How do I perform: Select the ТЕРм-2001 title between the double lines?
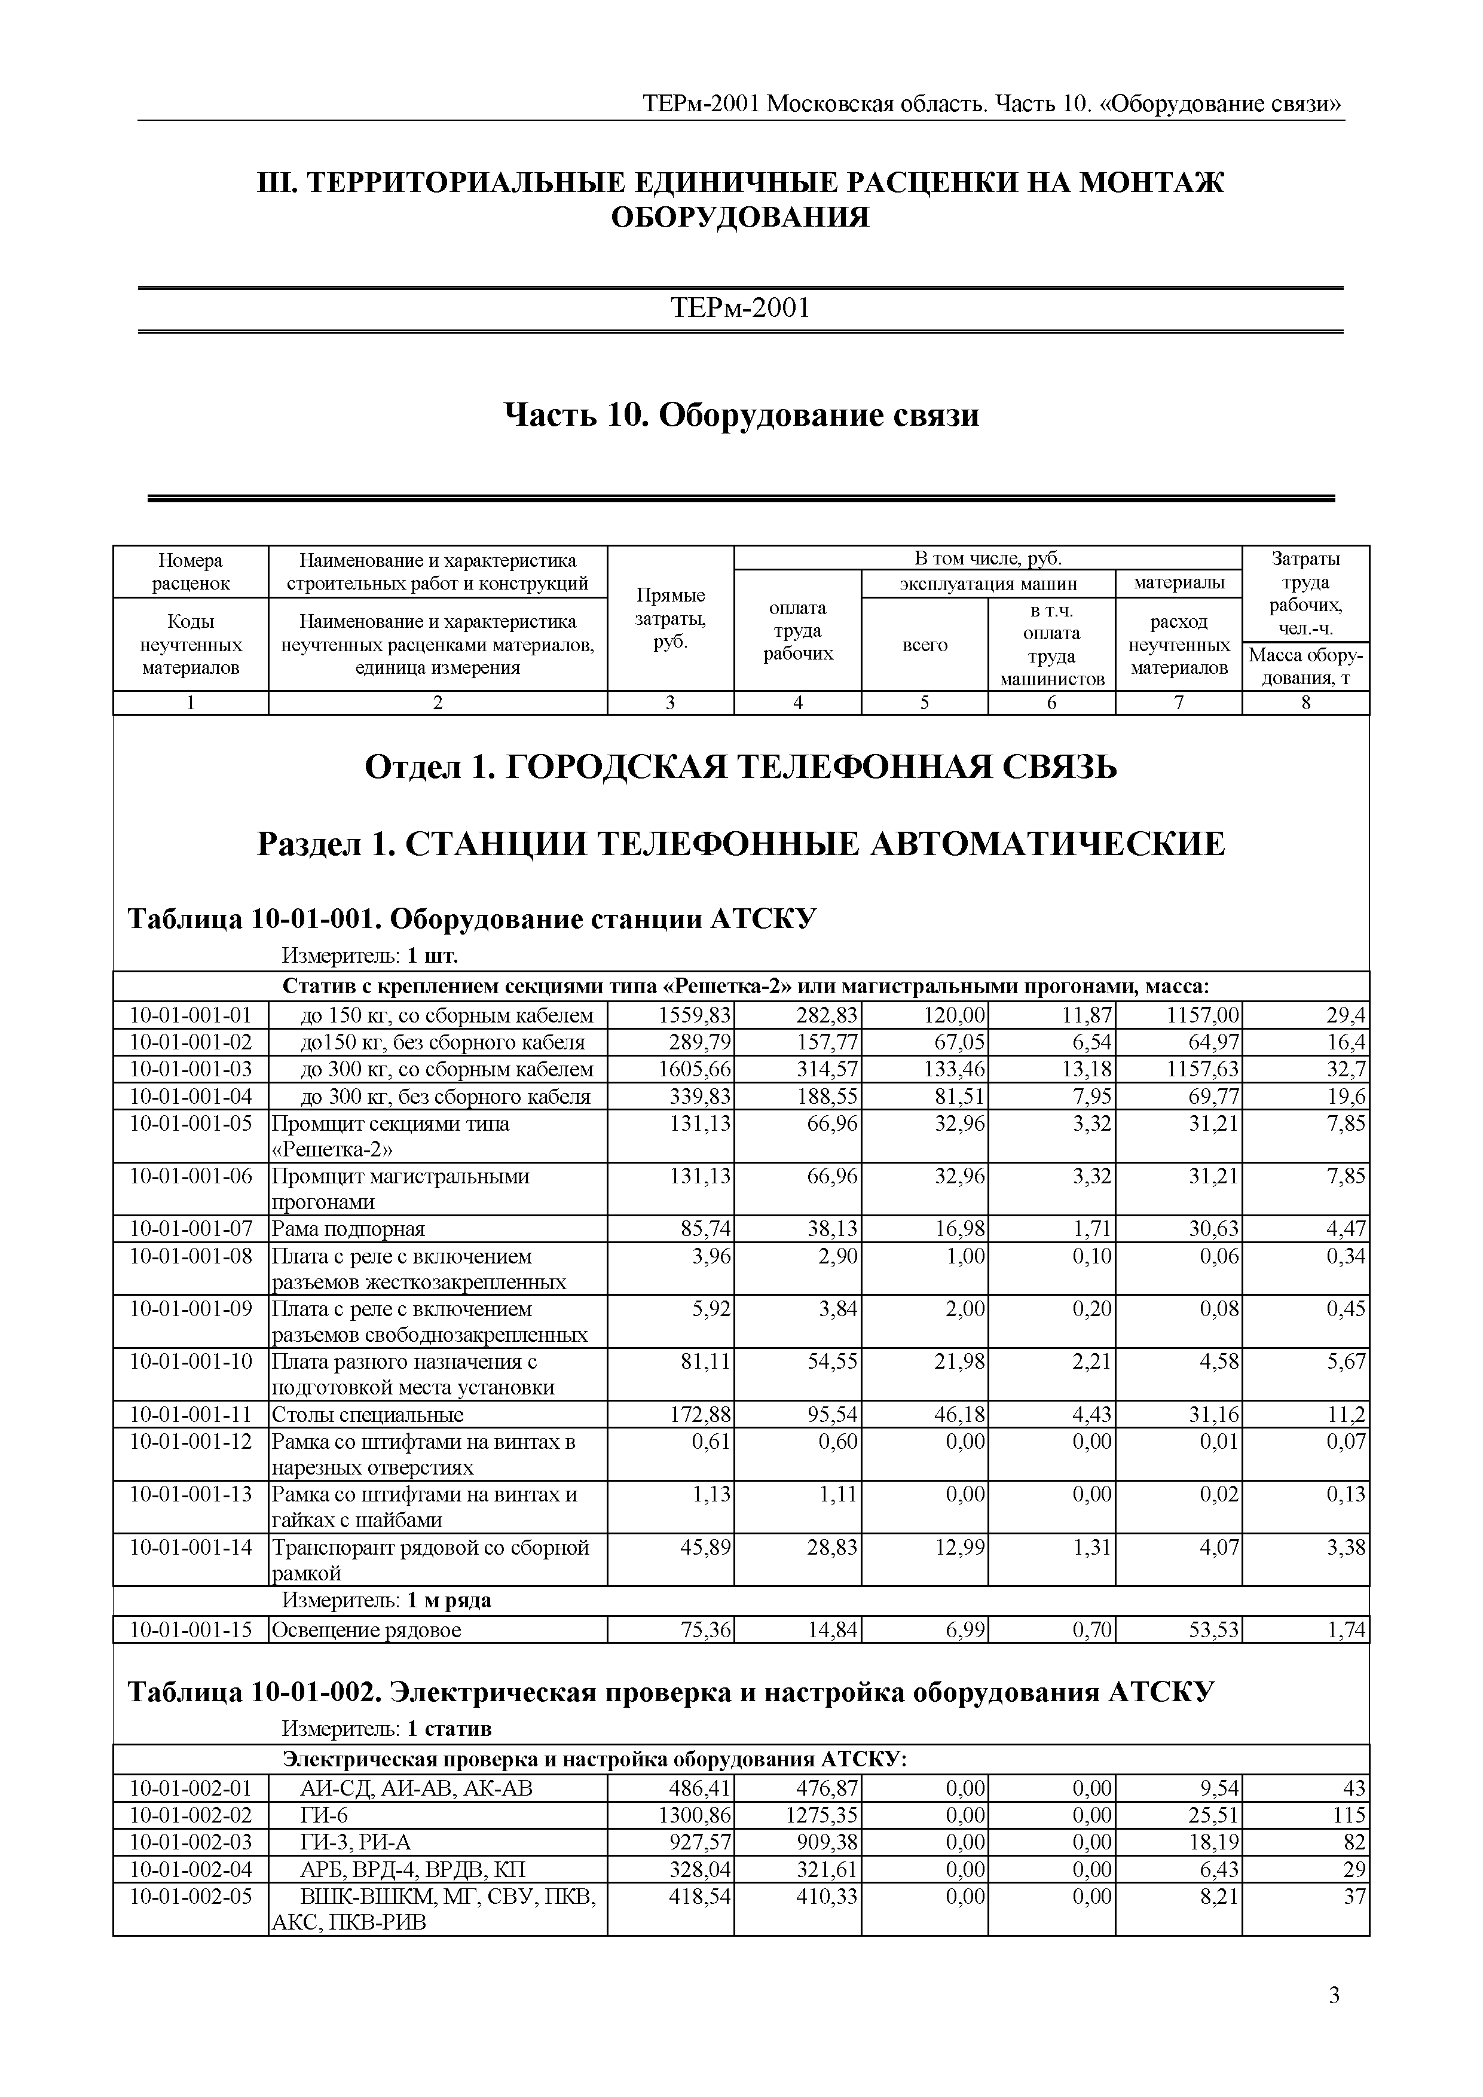pos(741,309)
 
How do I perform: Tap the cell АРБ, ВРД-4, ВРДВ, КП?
pos(413,1869)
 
